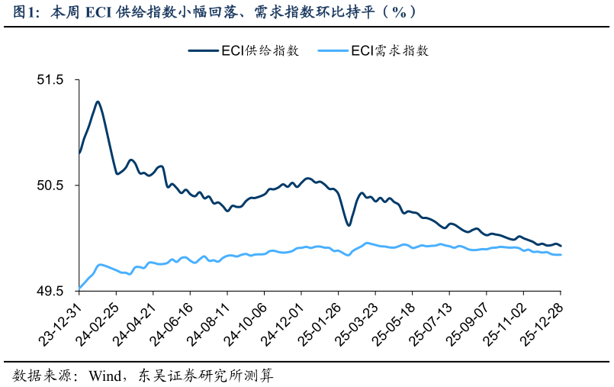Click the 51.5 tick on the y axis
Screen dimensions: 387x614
point(56,80)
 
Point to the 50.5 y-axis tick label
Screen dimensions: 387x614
point(56,185)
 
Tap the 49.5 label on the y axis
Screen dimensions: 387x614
point(56,292)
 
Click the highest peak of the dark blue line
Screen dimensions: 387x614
point(98,102)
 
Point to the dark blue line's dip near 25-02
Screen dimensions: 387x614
point(349,225)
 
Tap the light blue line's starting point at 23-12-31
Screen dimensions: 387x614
point(80,289)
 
